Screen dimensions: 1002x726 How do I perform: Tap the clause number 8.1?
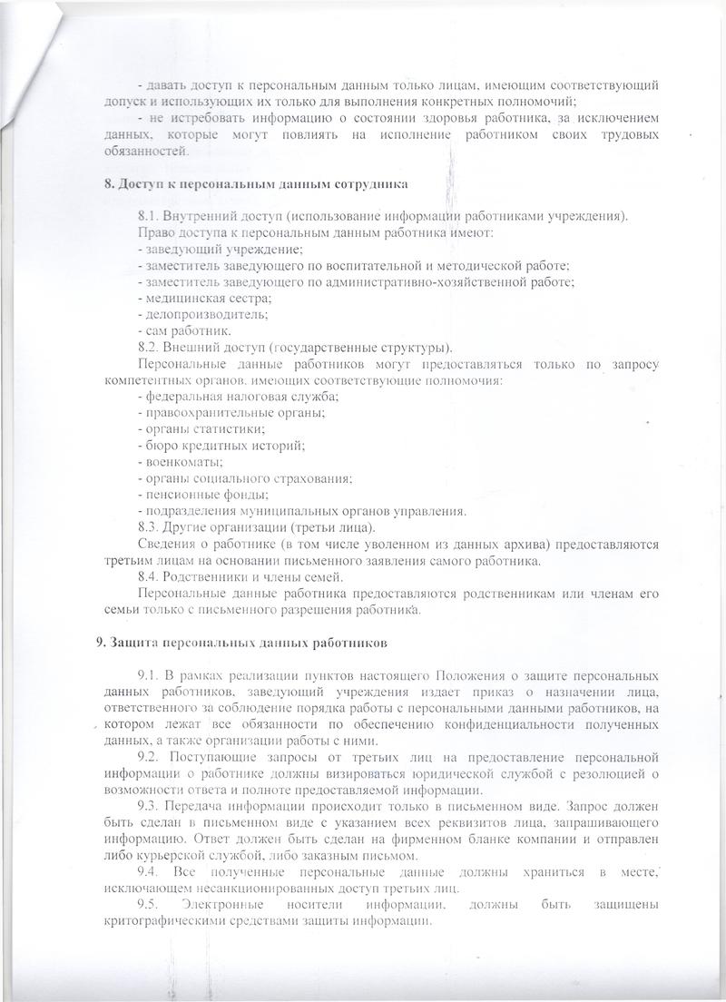coord(149,215)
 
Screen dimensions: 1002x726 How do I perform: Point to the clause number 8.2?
coord(149,347)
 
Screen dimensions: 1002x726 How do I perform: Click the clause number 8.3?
coord(149,526)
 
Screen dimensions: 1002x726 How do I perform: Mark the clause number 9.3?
coord(149,805)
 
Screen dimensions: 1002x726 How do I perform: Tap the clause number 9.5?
coord(149,904)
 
